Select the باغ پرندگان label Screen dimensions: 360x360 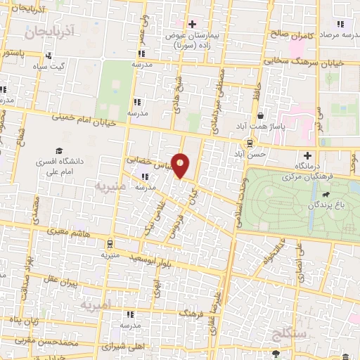[x=324, y=205]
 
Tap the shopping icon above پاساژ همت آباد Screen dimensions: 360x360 [x=261, y=116]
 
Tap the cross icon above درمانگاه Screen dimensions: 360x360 [x=307, y=155]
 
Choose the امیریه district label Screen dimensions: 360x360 [x=95, y=306]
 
